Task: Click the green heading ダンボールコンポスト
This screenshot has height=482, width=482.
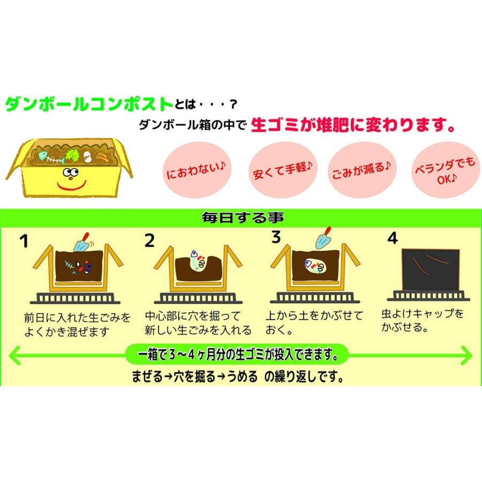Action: point(89,104)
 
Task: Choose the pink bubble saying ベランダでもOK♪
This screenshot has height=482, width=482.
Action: point(444,172)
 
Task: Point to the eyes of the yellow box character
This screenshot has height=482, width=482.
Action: point(70,172)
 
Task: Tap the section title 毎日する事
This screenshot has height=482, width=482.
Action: point(242,218)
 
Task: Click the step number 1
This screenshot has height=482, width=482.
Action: point(24,241)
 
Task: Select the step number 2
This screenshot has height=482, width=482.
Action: point(149,241)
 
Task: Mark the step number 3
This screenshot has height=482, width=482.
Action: point(276,237)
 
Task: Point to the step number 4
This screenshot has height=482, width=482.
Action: point(393,239)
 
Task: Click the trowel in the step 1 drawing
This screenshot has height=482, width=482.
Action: point(83,241)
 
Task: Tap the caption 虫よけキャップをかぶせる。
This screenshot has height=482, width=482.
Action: point(423,320)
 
